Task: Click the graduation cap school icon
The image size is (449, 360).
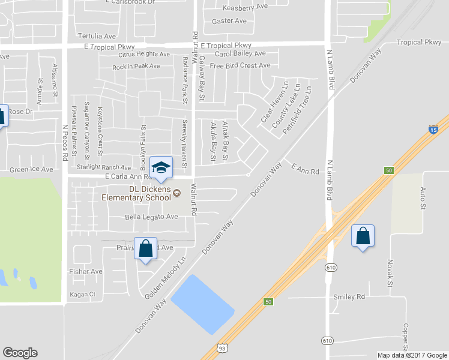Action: click(160, 167)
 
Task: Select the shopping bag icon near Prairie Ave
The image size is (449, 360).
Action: click(146, 248)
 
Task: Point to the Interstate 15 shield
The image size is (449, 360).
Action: click(433, 129)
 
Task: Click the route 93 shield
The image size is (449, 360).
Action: click(221, 347)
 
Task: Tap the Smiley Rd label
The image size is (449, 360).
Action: click(349, 296)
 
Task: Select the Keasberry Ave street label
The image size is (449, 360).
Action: click(245, 7)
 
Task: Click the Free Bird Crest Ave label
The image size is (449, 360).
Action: click(240, 65)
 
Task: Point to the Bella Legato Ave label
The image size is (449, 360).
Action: click(152, 217)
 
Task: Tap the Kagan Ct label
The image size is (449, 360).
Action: click(83, 294)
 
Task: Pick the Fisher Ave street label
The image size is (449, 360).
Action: click(86, 271)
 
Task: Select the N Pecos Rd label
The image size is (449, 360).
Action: click(65, 141)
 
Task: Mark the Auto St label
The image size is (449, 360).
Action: click(423, 198)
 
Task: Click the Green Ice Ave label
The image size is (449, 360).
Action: click(31, 169)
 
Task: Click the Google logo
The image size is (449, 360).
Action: click(20, 353)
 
